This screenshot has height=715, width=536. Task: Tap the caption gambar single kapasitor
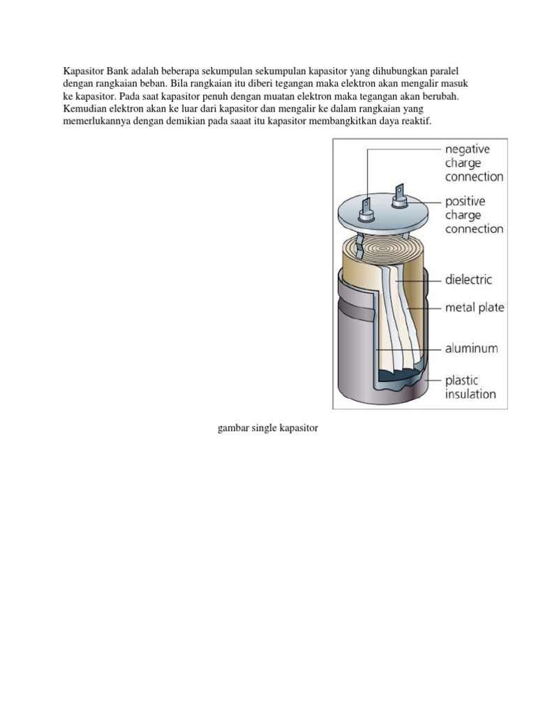[268, 427]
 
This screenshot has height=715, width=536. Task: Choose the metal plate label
[475, 307]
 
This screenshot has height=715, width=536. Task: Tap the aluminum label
[472, 348]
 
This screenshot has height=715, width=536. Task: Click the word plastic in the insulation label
[462, 381]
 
